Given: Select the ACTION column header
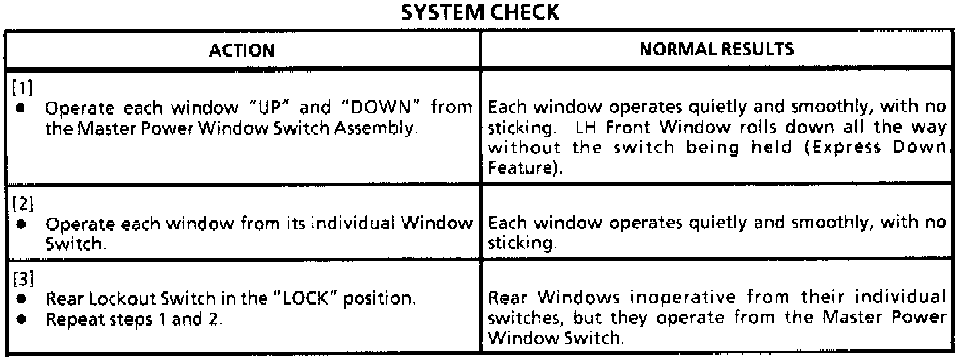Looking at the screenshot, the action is pos(242,49).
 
